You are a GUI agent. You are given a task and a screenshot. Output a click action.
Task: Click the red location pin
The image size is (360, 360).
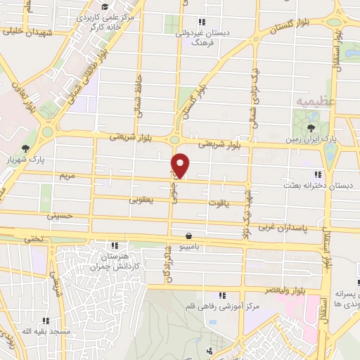tap(181, 164)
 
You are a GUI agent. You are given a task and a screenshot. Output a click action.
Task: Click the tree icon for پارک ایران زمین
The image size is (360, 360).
tap(311, 128)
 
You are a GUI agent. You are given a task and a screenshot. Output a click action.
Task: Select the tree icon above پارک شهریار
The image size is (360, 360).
tap(25, 148)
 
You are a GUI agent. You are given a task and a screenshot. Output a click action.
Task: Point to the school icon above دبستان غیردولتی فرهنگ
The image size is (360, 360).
tap(202, 21)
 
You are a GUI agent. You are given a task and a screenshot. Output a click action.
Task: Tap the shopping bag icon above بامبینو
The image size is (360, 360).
tap(188, 236)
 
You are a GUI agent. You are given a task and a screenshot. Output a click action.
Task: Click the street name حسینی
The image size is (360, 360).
tap(60, 217)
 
